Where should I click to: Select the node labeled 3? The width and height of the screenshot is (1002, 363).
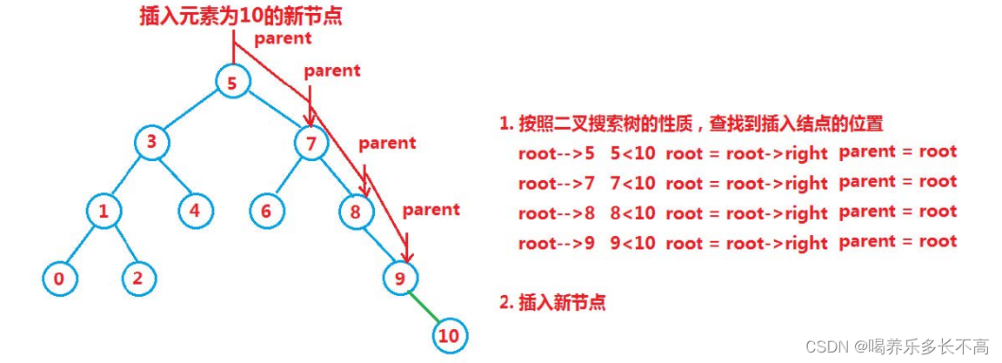click(151, 142)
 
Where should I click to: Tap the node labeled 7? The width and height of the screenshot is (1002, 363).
click(310, 142)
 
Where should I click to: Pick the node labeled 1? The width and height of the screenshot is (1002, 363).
click(104, 211)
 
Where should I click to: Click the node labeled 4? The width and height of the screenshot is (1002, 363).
click(195, 211)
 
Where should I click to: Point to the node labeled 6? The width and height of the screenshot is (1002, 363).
click(266, 211)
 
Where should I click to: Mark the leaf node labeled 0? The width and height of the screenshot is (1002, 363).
click(59, 279)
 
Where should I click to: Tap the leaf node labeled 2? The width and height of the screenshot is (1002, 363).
click(138, 279)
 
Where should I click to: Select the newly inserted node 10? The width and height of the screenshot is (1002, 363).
click(449, 335)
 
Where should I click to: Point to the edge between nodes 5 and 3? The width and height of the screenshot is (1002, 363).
click(192, 112)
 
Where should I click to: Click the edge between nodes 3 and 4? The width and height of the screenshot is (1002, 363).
click(174, 178)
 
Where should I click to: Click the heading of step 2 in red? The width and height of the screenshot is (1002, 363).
click(552, 303)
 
